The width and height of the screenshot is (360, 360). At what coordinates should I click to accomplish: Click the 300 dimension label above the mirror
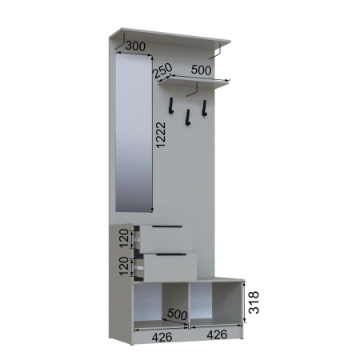tap(135, 46)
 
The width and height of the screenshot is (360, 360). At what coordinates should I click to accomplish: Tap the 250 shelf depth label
tap(162, 70)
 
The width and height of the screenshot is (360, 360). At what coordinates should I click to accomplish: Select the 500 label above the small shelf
tap(201, 70)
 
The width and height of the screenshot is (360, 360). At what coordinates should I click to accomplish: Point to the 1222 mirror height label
tap(161, 135)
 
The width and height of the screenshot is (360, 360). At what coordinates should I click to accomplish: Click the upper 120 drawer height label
tap(124, 238)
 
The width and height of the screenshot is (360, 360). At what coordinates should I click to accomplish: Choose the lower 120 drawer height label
tap(124, 266)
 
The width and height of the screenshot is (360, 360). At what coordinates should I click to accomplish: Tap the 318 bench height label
tap(254, 302)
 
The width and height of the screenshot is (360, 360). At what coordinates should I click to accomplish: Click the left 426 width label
tap(162, 338)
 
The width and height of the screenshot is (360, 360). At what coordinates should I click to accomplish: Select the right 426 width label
tap(217, 334)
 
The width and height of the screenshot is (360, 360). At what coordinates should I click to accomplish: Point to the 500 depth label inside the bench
tap(178, 314)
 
